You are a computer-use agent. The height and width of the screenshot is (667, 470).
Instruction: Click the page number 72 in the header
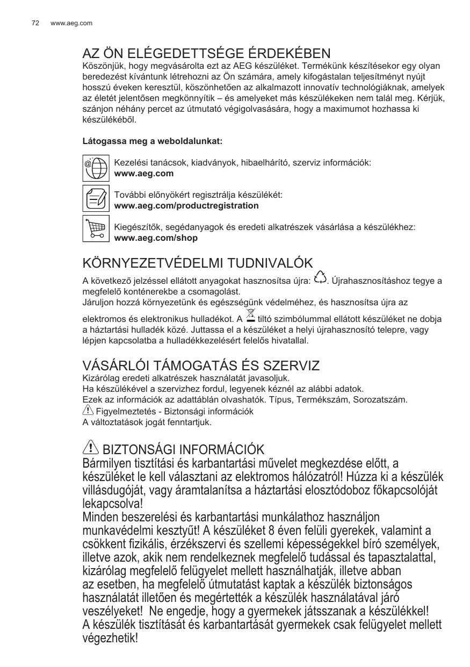pyautogui.click(x=35, y=23)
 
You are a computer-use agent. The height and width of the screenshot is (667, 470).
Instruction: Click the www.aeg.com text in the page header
pyautogui.click(x=71, y=23)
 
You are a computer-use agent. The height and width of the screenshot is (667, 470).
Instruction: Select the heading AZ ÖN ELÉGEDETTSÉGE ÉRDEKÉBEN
pyautogui.click(x=206, y=54)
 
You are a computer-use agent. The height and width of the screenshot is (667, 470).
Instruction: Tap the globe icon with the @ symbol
pyautogui.click(x=96, y=168)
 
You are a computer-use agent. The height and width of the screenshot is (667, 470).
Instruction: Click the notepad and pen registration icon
pyautogui.click(x=96, y=198)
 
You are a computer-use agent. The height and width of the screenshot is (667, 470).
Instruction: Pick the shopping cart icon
pyautogui.click(x=96, y=228)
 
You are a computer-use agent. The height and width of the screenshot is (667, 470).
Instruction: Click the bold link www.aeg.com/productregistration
pyautogui.click(x=179, y=206)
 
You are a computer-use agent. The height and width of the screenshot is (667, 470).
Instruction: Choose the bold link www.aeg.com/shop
pyautogui.click(x=156, y=238)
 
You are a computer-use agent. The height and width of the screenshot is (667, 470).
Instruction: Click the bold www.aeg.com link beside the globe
pyautogui.click(x=144, y=174)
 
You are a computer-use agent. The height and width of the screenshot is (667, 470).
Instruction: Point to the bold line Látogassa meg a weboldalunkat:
pyautogui.click(x=152, y=141)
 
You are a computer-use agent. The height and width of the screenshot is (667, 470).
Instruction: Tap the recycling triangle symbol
pyautogui.click(x=320, y=278)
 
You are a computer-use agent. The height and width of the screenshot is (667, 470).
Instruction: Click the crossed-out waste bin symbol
pyautogui.click(x=250, y=317)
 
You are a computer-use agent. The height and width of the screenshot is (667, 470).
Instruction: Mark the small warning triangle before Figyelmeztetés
pyautogui.click(x=88, y=411)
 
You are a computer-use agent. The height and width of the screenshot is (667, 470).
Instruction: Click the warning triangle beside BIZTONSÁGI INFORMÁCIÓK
pyautogui.click(x=91, y=447)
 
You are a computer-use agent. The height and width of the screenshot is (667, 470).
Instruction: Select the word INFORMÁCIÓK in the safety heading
pyautogui.click(x=221, y=449)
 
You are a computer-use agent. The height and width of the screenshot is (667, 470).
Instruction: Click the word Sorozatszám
pyautogui.click(x=384, y=400)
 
